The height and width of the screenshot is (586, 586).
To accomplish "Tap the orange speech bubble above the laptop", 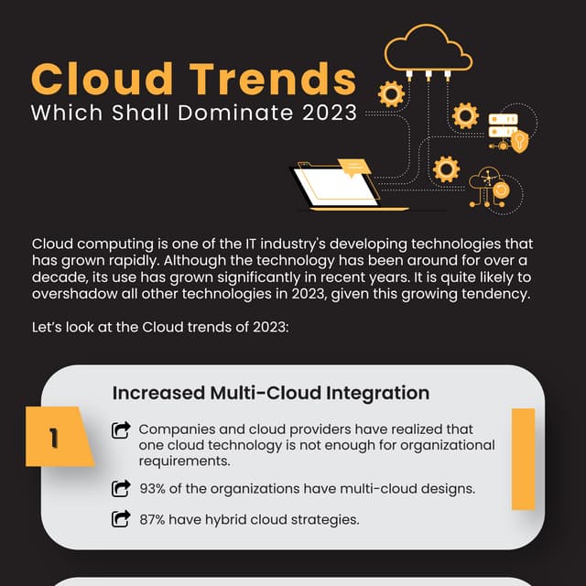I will click(x=353, y=166).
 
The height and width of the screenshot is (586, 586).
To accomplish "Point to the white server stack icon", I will click(x=503, y=125).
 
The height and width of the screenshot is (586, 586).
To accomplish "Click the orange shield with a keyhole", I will click(x=520, y=142).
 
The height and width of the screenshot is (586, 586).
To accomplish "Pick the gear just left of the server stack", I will click(x=466, y=115).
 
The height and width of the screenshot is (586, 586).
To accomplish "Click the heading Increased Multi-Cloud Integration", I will click(x=270, y=393).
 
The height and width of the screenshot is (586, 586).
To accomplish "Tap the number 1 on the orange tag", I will click(x=55, y=439).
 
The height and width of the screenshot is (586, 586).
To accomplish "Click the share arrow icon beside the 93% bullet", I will click(x=121, y=488).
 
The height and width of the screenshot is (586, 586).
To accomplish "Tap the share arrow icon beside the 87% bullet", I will click(x=121, y=519).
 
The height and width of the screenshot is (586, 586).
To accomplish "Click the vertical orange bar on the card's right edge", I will click(x=523, y=458).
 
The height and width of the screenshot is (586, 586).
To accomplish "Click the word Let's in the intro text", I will click(x=48, y=327).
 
